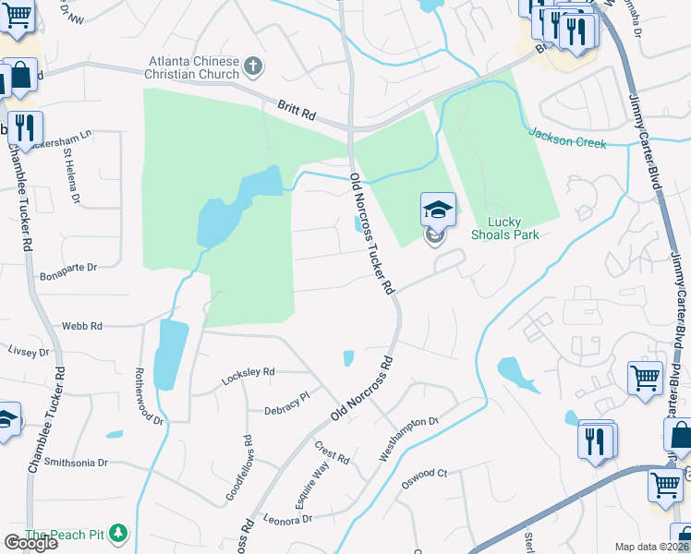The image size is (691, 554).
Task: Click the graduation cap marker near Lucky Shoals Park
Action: [438, 210]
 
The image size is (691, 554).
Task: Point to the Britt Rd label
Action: [297, 114]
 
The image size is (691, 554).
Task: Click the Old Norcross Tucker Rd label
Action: [372, 235]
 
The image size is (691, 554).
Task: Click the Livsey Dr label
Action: [29, 352]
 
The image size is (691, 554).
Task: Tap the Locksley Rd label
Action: [249, 377]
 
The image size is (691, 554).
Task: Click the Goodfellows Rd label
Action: [239, 469]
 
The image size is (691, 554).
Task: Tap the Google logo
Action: [30, 543]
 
